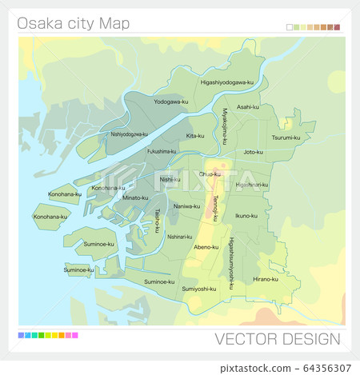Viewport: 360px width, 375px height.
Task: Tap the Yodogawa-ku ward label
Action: [170, 102]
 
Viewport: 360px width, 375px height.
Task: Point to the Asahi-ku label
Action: [248, 106]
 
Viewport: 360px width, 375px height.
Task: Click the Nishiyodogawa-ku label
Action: [130, 134]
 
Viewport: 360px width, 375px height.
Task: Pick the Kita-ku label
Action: [195, 136]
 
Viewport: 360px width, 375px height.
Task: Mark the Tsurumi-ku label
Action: [286, 137]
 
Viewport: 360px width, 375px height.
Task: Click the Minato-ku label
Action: [135, 197]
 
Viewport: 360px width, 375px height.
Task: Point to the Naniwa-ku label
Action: [186, 205]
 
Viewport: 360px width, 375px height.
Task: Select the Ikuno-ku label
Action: [246, 215]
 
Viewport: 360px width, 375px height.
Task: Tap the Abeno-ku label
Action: [206, 247]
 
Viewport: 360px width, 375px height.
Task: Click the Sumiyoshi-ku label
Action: [199, 289]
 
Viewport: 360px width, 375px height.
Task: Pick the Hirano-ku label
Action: [265, 279]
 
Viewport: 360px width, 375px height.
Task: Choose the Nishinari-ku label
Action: [179, 237]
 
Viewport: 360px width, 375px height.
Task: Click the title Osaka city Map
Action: [74, 23]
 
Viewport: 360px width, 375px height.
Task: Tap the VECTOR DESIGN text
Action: [277, 339]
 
